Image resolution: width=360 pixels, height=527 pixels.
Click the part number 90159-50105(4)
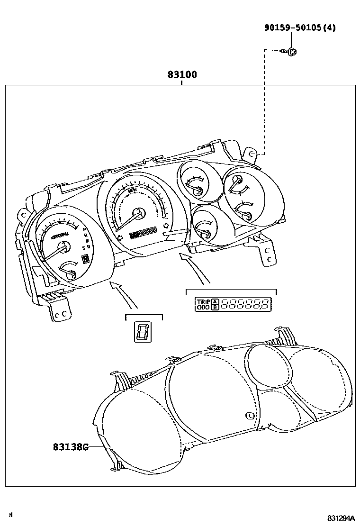pyautogui.click(x=300, y=27)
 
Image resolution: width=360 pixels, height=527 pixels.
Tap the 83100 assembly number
pyautogui.click(x=182, y=75)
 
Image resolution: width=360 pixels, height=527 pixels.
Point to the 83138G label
pyautogui.click(x=71, y=446)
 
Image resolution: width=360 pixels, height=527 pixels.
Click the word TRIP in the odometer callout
pyautogui.click(x=203, y=301)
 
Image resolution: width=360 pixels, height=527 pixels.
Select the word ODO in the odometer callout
pyautogui.click(x=203, y=307)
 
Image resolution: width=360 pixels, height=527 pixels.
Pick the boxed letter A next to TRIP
pyautogui.click(x=215, y=301)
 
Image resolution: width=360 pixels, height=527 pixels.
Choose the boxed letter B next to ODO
pyautogui.click(x=215, y=307)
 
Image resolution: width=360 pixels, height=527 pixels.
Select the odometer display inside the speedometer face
pyautogui.click(x=143, y=232)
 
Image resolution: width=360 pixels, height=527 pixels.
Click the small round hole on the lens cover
pyautogui.click(x=250, y=416)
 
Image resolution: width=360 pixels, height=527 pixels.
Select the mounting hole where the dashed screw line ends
pyautogui.click(x=252, y=154)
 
